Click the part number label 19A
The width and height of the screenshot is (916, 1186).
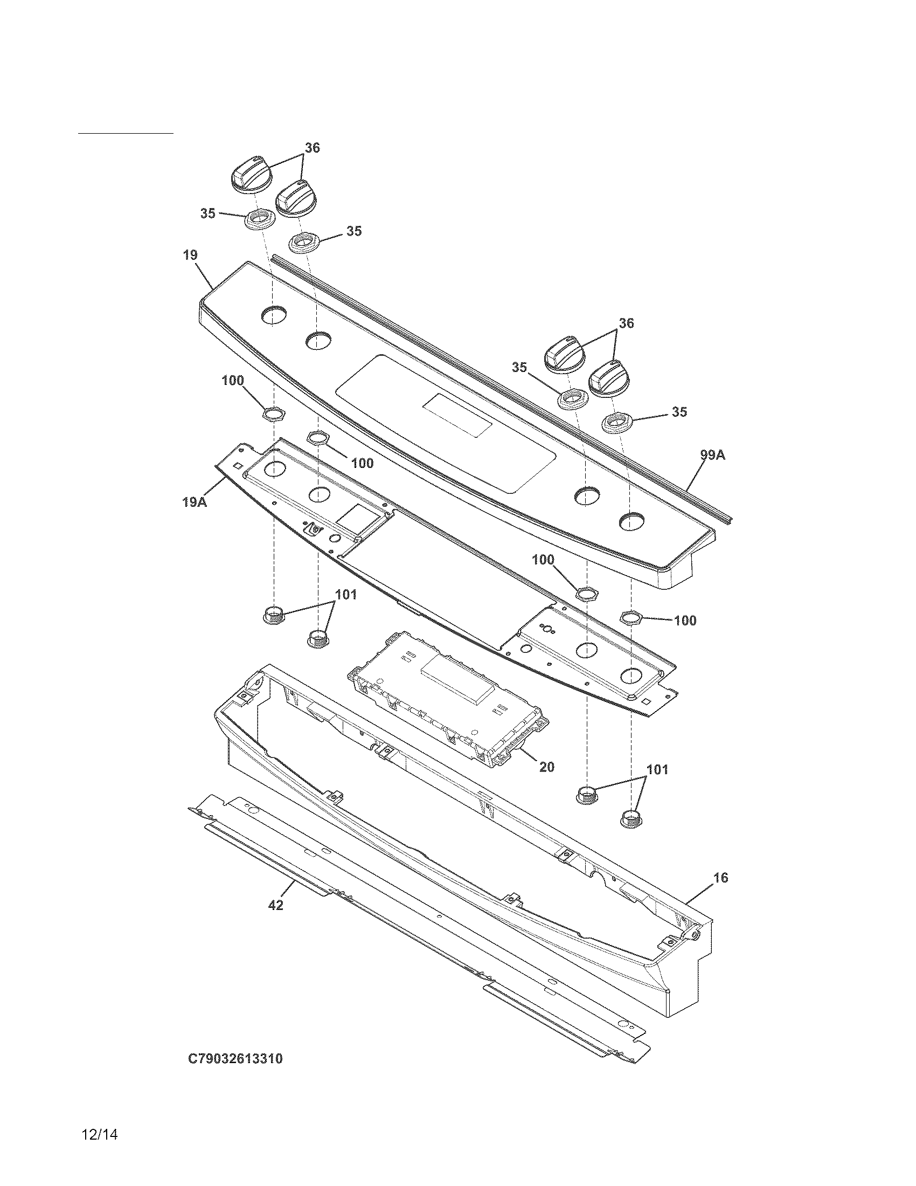[x=195, y=502]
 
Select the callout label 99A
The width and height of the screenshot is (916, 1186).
[x=712, y=455]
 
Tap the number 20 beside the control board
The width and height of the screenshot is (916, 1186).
[x=546, y=767]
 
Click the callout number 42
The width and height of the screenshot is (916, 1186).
[x=276, y=905]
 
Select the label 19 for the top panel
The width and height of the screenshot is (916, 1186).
[x=190, y=255]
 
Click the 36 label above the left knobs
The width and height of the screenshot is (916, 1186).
[x=312, y=148]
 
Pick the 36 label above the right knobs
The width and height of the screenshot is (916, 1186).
[x=626, y=323]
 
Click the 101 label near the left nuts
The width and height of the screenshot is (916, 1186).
[x=346, y=595]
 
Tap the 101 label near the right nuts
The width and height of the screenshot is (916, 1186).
[x=657, y=769]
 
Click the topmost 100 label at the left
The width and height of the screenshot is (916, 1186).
[x=232, y=381]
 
